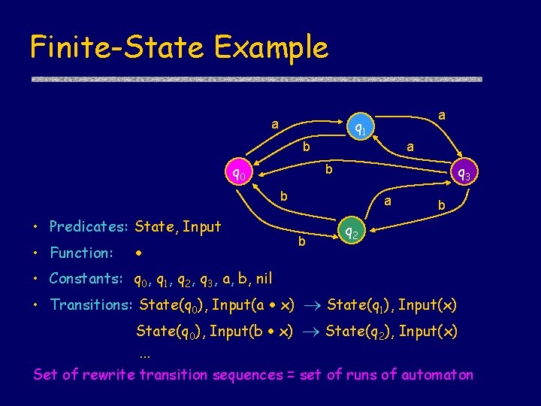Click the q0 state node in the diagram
[x=239, y=174]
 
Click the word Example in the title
[x=270, y=47]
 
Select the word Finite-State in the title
[x=116, y=47]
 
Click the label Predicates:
[x=89, y=227]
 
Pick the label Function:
[x=81, y=253]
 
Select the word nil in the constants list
[x=264, y=279]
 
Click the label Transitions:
[x=90, y=304]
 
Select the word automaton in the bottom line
[x=438, y=374]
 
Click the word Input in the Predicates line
[x=203, y=227]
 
